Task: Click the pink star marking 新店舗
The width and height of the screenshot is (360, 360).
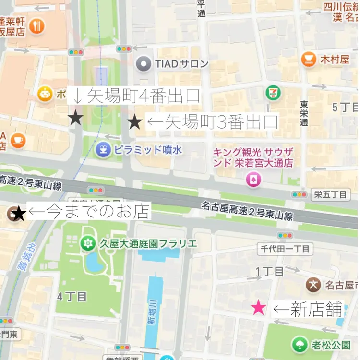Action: (259, 308)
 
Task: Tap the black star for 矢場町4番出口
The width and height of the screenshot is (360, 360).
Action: (76, 117)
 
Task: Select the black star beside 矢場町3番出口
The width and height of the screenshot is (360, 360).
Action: (135, 122)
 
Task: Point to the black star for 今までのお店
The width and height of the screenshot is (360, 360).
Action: (18, 213)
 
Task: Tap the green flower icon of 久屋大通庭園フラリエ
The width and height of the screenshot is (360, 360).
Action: (87, 243)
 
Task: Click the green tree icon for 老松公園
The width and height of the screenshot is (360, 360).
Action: (300, 344)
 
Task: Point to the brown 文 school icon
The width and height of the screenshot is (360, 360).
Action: (313, 285)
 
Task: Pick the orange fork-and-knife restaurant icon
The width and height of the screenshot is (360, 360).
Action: (36, 26)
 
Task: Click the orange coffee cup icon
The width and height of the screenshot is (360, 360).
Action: (18, 140)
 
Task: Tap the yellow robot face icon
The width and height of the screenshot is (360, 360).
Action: (45, 95)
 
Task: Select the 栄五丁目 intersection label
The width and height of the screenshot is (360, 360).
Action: (330, 195)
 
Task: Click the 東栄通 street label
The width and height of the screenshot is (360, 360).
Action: (304, 113)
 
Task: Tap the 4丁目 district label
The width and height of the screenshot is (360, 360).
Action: (72, 296)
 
